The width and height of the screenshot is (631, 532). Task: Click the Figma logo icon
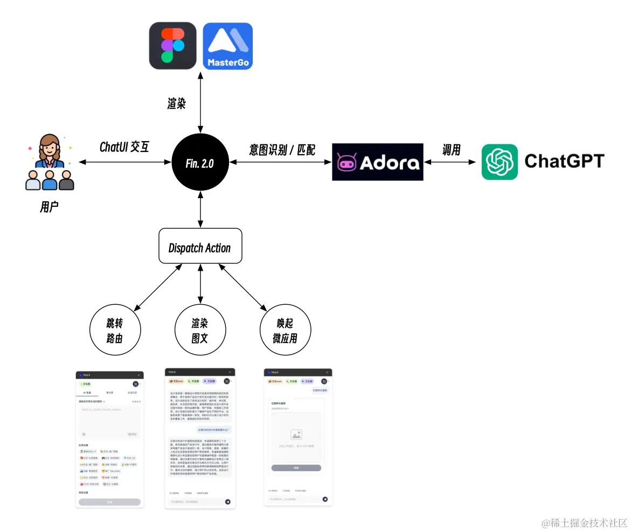click(x=172, y=46)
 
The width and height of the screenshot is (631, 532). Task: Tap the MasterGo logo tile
click(x=227, y=46)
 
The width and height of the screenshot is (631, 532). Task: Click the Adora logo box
click(x=377, y=162)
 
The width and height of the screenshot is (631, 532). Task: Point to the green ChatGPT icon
click(x=500, y=162)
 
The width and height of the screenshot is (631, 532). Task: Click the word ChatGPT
click(x=564, y=162)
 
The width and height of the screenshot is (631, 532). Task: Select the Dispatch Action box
click(x=200, y=248)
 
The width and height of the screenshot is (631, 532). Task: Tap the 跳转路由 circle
click(x=114, y=331)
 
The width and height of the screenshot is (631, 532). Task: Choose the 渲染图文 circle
click(x=200, y=331)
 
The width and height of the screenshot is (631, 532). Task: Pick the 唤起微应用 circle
click(x=286, y=331)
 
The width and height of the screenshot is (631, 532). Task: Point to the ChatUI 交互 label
click(x=124, y=147)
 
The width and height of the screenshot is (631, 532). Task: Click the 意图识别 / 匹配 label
click(x=282, y=149)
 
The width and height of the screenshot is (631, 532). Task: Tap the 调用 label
click(x=452, y=149)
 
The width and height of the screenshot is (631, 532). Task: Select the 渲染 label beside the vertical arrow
click(x=176, y=104)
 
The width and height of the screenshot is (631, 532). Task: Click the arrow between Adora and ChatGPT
click(x=452, y=162)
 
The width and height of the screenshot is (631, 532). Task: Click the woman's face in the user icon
click(x=50, y=146)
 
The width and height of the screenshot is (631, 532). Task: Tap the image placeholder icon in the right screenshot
click(x=296, y=434)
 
